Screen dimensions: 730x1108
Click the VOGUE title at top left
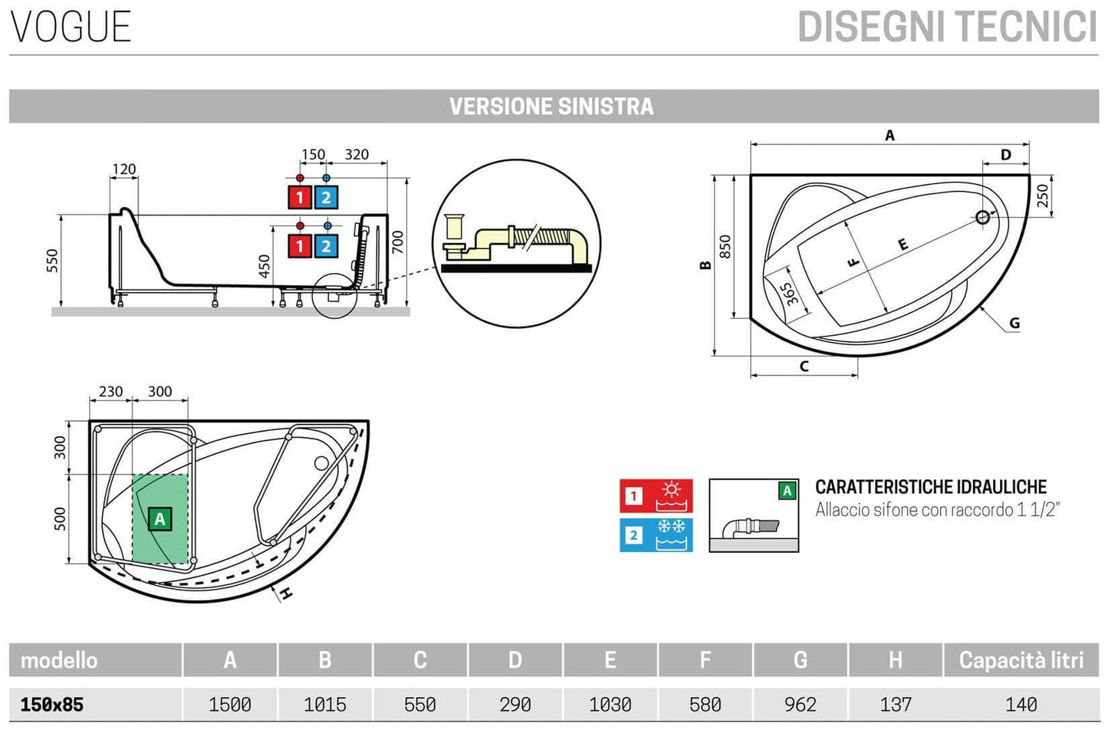pos(71,27)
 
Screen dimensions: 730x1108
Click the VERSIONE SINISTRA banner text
pos(551,107)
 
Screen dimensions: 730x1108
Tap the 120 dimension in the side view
pos(123,169)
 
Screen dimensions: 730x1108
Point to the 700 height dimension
pos(397,243)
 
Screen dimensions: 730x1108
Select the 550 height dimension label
pos(52,260)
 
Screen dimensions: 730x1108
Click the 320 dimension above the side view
pos(357,155)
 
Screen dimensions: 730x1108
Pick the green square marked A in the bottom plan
pos(159,519)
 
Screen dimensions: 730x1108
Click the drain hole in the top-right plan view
pos(983,218)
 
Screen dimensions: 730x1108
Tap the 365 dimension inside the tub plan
pos(790,294)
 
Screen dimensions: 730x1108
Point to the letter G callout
pos(1014,323)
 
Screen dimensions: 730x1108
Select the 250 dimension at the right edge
pos(1042,196)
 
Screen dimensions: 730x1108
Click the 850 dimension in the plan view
pos(725,246)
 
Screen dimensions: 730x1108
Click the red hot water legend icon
pos(656,496)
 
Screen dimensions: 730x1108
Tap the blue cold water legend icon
pos(656,535)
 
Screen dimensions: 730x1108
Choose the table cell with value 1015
pos(324,704)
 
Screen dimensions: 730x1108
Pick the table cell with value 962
pos(800,704)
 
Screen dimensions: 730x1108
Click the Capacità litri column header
pos(1021,660)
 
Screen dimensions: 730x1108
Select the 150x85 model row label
pos(52,704)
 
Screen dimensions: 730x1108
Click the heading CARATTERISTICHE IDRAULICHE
pos(930,487)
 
